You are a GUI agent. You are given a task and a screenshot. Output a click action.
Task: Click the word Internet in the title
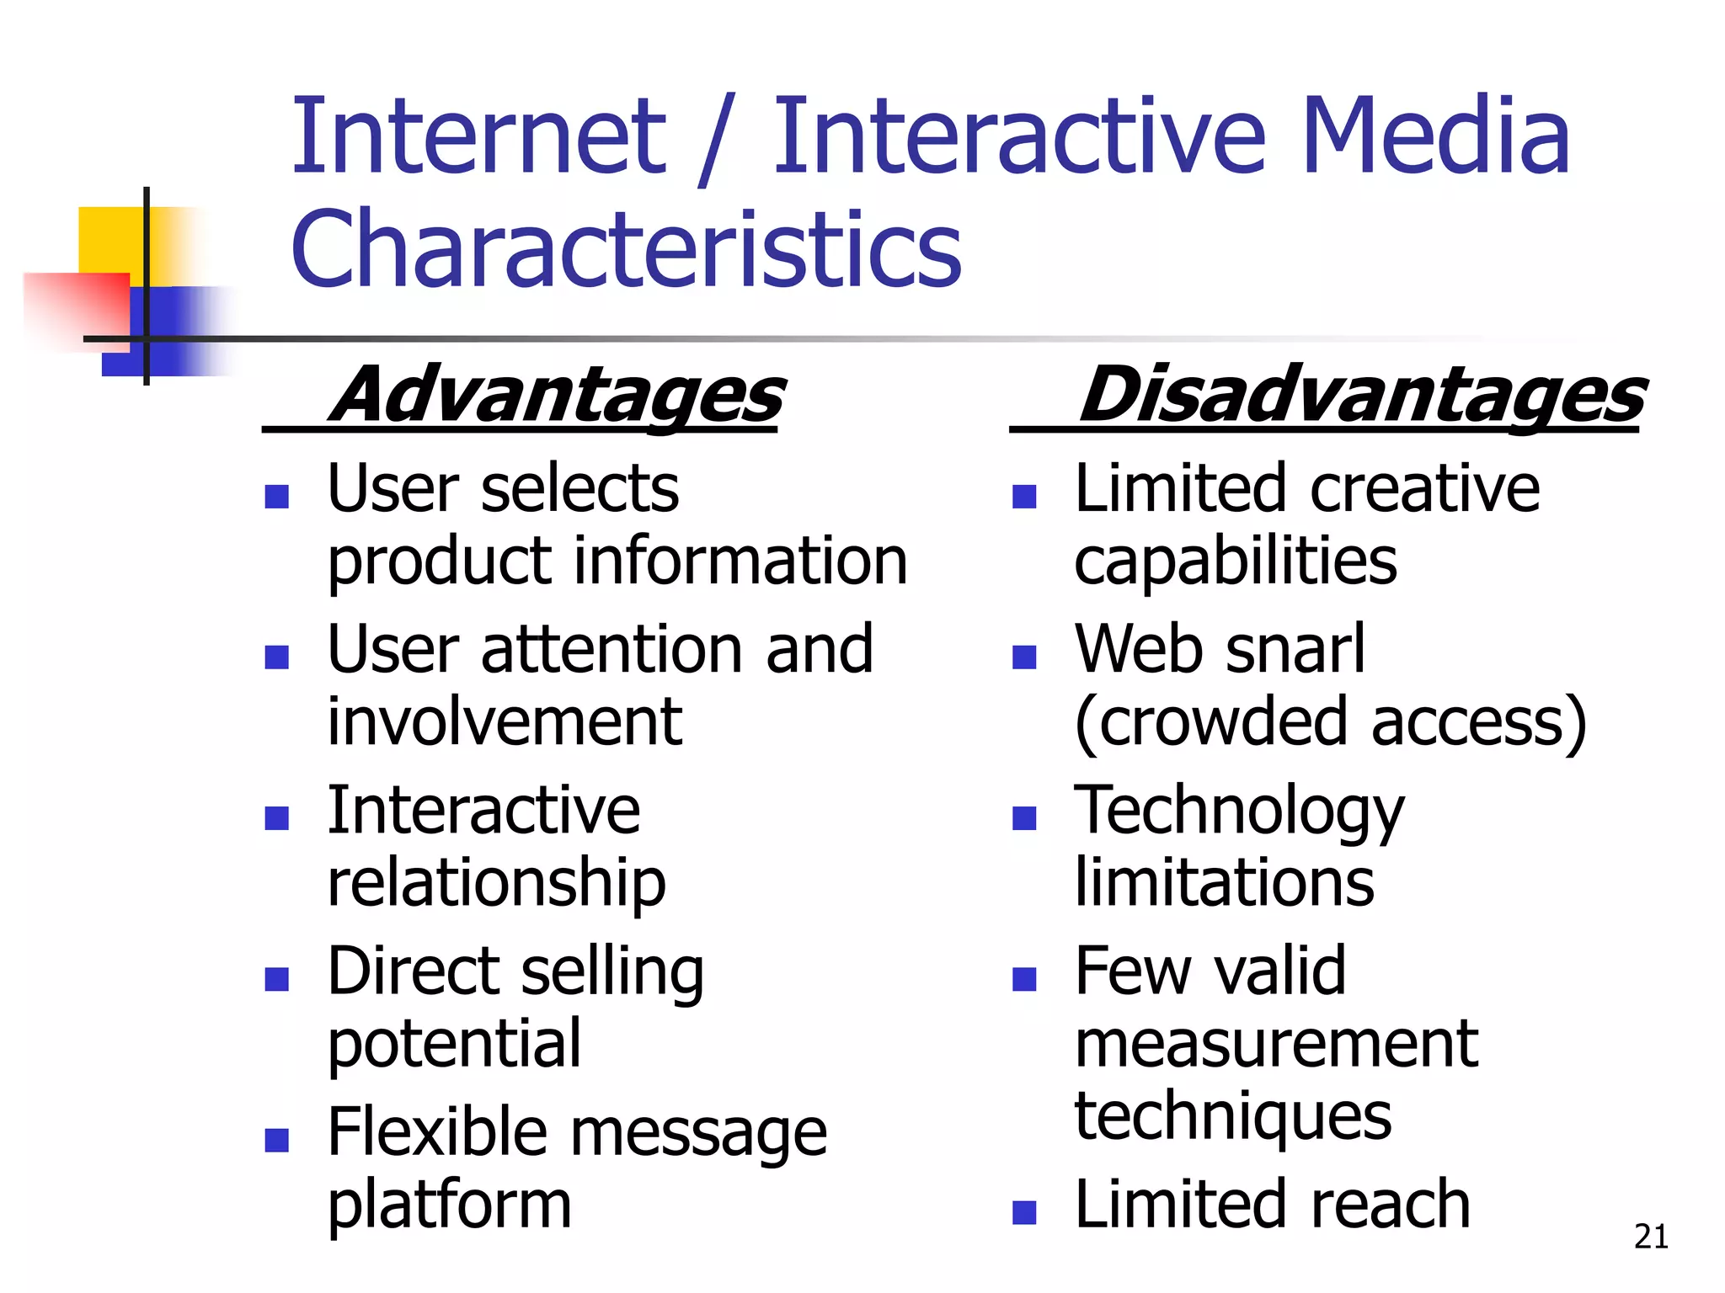pyautogui.click(x=478, y=136)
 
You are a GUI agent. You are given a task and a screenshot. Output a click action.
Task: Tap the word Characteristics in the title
pyautogui.click(x=626, y=249)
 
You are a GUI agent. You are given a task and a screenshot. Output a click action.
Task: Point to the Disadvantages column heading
pyautogui.click(x=1361, y=396)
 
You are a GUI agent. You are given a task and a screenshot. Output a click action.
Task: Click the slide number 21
pyautogui.click(x=1651, y=1237)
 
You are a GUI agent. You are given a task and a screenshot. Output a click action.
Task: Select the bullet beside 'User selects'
pyautogui.click(x=276, y=496)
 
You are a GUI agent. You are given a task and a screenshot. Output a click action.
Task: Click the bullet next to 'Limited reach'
pyautogui.click(x=1023, y=1212)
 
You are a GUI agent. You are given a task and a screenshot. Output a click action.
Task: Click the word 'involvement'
pyautogui.click(x=505, y=721)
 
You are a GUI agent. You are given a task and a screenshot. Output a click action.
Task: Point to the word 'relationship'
pyautogui.click(x=496, y=884)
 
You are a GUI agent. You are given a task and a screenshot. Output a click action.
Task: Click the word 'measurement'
pyautogui.click(x=1276, y=1044)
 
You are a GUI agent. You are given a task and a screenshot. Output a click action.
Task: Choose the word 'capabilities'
pyautogui.click(x=1236, y=562)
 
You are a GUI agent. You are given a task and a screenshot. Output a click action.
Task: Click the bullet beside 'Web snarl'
pyautogui.click(x=1023, y=657)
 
